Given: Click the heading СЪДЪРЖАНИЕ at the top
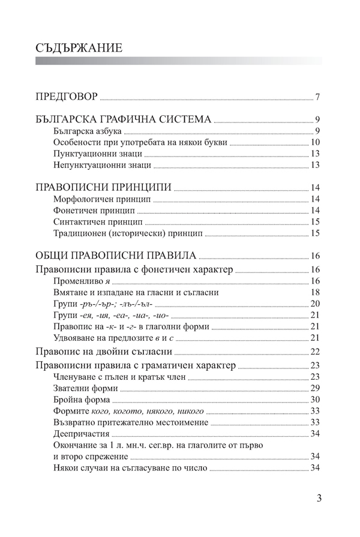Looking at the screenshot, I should (x=79, y=47).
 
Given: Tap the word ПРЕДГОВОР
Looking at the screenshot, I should (x=67, y=97).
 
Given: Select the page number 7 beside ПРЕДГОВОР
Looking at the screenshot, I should (x=317, y=97).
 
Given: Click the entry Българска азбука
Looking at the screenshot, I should (x=88, y=131).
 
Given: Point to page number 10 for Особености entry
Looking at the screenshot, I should (x=316, y=142).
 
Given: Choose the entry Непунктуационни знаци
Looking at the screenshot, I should (x=93, y=165).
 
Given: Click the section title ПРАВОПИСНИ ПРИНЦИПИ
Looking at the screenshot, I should (x=103, y=187).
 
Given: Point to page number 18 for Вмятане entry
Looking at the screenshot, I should (x=316, y=292).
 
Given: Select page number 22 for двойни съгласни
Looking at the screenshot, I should (x=316, y=352).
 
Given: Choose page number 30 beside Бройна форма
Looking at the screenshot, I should (x=316, y=400).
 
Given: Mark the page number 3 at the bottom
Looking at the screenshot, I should (x=319, y=498).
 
